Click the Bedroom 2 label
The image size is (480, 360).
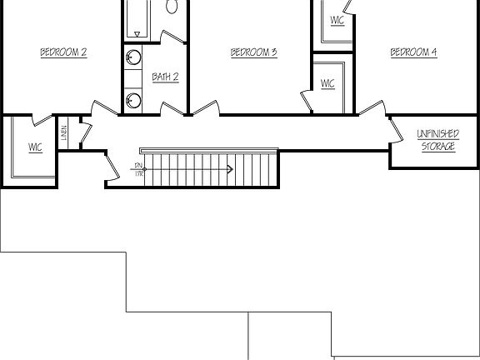64,52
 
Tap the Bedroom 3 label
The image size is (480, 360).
253,52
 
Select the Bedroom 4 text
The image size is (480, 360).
413,52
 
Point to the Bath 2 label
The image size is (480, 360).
165,77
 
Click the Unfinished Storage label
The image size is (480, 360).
437,140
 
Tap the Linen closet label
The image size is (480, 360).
64,133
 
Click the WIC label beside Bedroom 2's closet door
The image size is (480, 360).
35,147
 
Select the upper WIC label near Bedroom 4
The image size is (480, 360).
337,21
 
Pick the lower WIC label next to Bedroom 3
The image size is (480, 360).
327,83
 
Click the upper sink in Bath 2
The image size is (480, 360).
133,57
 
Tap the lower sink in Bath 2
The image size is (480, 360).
133,101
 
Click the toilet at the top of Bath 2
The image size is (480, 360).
172,7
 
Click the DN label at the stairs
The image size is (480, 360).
138,167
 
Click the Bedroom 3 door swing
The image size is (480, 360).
207,108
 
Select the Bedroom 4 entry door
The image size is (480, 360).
372,108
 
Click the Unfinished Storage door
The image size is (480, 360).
396,129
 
